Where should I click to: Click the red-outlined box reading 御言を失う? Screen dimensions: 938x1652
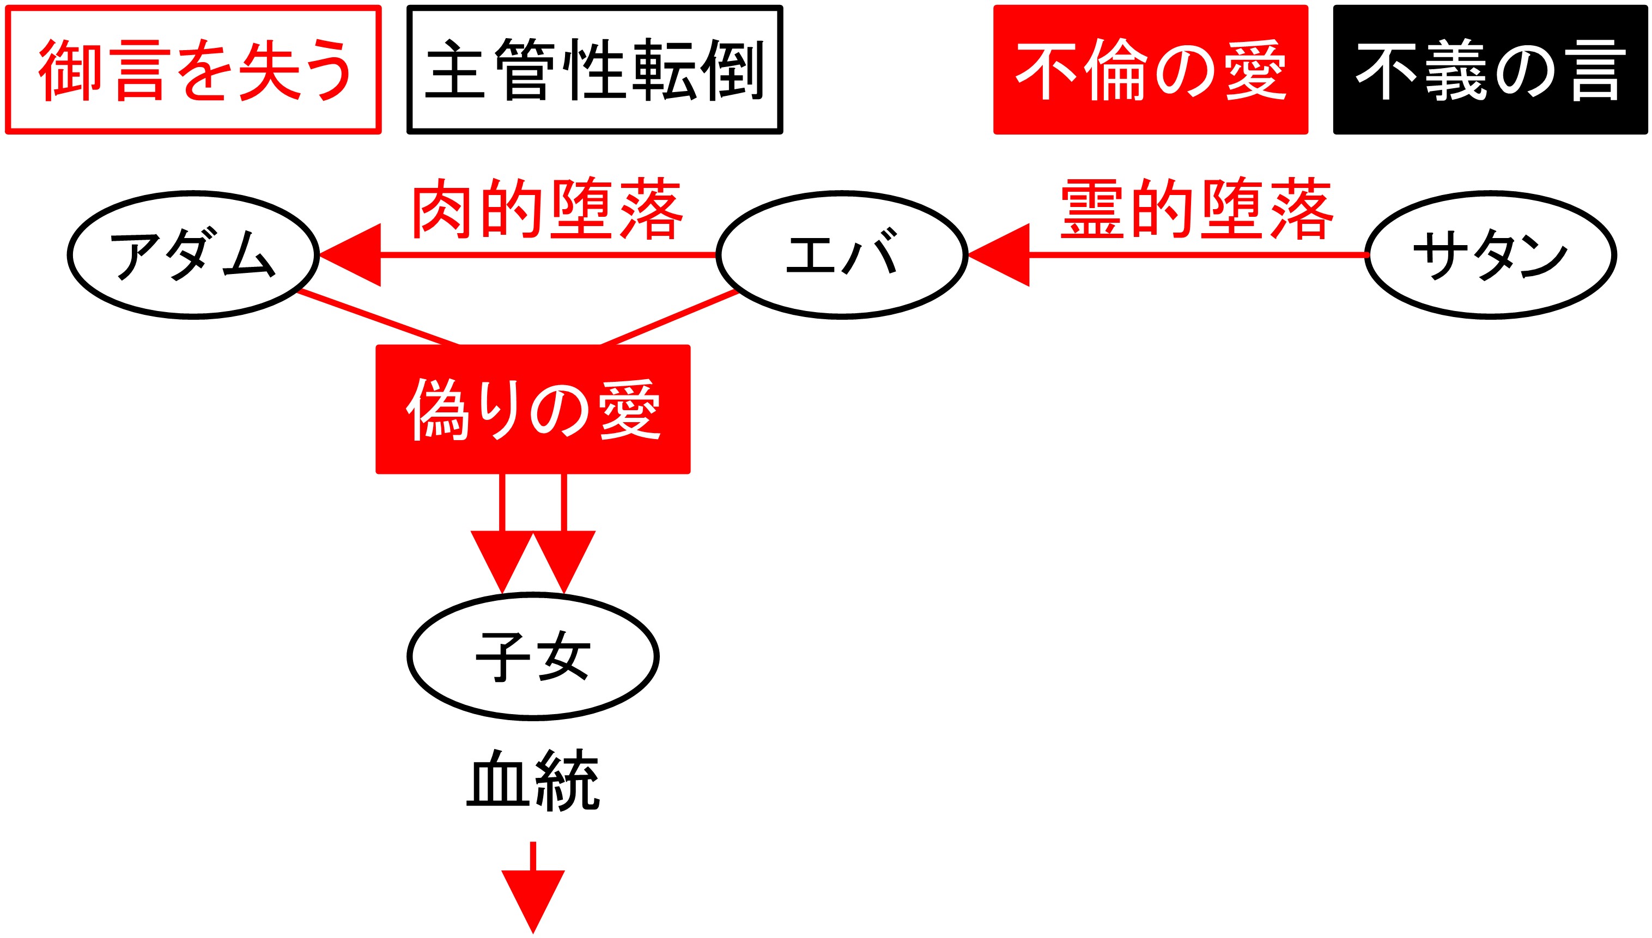click(x=193, y=70)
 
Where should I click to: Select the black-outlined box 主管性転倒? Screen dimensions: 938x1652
click(x=594, y=70)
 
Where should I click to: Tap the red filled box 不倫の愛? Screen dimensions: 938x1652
click(x=1150, y=70)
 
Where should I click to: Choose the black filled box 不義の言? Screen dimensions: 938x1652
click(x=1490, y=70)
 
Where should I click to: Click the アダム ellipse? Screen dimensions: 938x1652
click(x=193, y=254)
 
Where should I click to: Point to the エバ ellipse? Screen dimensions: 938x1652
click(x=841, y=254)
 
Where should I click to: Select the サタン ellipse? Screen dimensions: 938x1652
click(x=1490, y=254)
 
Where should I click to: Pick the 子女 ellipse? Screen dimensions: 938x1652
click(x=533, y=656)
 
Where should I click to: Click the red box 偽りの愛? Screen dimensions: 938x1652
click(x=533, y=409)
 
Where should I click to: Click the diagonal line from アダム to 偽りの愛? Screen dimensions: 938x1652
click(x=379, y=318)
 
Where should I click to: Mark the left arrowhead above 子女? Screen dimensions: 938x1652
click(x=502, y=557)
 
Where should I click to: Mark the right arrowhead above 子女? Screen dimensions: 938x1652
click(x=564, y=557)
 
